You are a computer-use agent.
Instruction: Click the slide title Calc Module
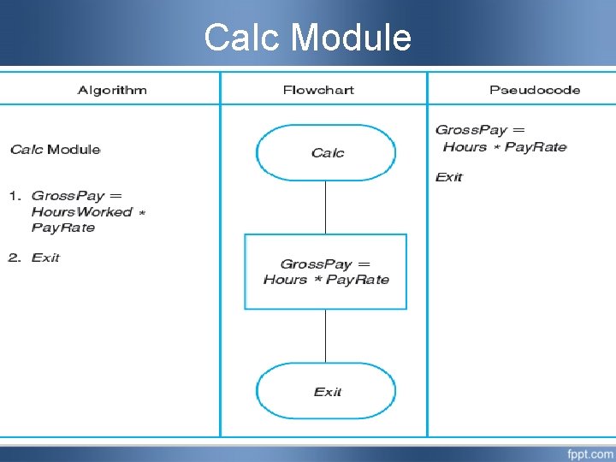pos(308,38)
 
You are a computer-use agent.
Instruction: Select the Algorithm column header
pos(112,90)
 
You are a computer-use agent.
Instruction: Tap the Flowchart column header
pos(318,90)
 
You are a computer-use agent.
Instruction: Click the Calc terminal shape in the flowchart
pos(326,153)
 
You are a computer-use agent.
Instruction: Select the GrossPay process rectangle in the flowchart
pos(326,271)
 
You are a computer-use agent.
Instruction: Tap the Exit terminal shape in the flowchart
pos(326,391)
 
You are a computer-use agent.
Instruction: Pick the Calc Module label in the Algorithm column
pos(56,150)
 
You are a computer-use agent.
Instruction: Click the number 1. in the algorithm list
pos(15,196)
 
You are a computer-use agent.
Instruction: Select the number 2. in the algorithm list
pos(15,258)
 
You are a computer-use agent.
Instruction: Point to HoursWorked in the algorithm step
pos(82,211)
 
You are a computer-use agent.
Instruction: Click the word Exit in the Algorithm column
pos(45,258)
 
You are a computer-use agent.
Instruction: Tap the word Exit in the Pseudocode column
pos(449,177)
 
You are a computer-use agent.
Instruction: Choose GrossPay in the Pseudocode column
pos(471,130)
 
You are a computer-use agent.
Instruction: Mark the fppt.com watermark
pos(589,453)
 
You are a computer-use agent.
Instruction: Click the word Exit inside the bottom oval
pos(328,392)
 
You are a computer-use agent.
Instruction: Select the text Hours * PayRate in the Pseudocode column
pos(505,147)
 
